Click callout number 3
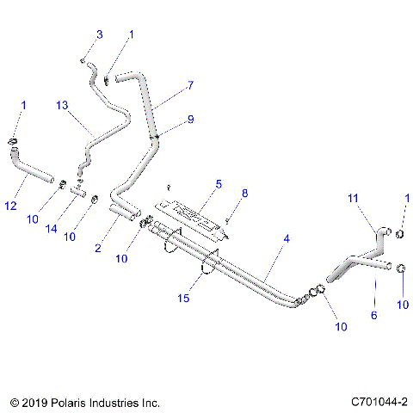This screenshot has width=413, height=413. pyautogui.click(x=99, y=34)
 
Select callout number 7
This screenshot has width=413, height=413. pyautogui.click(x=190, y=86)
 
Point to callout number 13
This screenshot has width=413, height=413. pyautogui.click(x=61, y=105)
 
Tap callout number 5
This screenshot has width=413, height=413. pyautogui.click(x=219, y=183)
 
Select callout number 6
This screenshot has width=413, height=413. pyautogui.click(x=373, y=316)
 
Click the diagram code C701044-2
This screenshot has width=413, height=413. pyautogui.click(x=379, y=402)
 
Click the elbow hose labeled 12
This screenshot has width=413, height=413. pyautogui.click(x=29, y=167)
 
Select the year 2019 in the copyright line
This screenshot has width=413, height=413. pyautogui.click(x=32, y=402)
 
